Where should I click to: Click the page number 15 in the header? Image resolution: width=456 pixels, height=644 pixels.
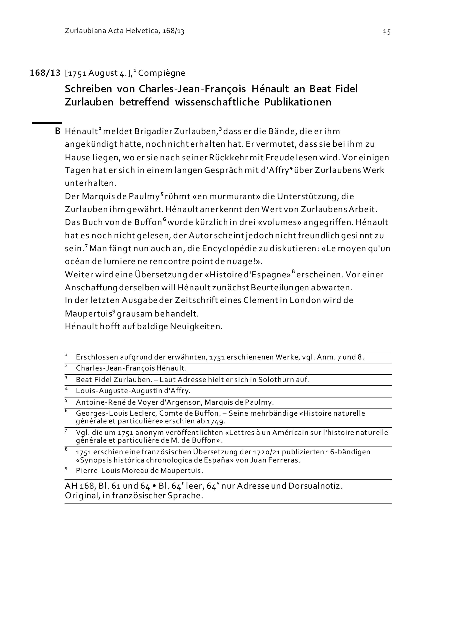point(387,32)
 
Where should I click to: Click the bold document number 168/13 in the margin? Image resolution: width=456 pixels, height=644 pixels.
point(45,73)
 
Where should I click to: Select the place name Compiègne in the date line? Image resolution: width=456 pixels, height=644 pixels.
point(161,73)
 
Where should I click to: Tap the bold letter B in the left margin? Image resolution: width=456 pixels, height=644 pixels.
point(57,131)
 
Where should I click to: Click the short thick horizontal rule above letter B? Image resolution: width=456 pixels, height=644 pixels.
point(47,123)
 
